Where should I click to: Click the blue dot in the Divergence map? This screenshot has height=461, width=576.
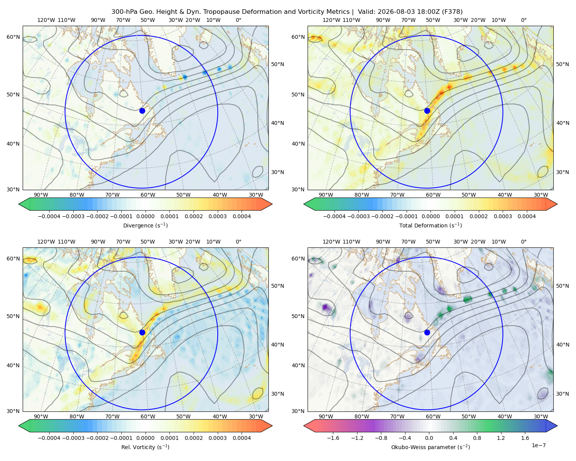click(142, 111)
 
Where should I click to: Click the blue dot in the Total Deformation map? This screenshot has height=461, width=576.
click(427, 111)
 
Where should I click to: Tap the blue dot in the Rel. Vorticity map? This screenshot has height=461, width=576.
click(142, 332)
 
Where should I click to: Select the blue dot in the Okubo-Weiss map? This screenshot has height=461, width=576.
click(427, 332)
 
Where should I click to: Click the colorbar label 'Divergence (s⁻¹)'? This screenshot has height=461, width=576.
click(145, 225)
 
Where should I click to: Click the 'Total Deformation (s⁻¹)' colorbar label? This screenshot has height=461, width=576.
click(430, 225)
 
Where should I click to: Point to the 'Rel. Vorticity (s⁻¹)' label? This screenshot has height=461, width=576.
click(145, 447)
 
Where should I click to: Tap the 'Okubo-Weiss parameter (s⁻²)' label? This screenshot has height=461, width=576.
click(430, 447)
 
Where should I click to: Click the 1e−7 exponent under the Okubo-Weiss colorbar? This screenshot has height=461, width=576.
click(538, 445)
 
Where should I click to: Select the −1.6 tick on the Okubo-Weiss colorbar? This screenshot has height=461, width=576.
click(333, 438)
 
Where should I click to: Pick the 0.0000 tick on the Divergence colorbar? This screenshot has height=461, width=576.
click(145, 216)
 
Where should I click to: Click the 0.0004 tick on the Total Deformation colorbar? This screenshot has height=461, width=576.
click(526, 216)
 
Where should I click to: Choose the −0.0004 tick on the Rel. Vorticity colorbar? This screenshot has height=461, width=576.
click(49, 438)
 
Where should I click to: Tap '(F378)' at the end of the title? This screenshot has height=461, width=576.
click(452, 12)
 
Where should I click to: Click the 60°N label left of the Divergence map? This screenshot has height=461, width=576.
click(13, 37)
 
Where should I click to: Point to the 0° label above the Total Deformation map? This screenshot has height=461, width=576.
click(523, 20)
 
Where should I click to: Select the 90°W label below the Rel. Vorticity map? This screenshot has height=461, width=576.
click(41, 416)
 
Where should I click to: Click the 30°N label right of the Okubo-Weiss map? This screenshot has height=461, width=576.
click(562, 393)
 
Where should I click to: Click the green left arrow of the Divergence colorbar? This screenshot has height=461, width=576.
click(24, 204)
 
